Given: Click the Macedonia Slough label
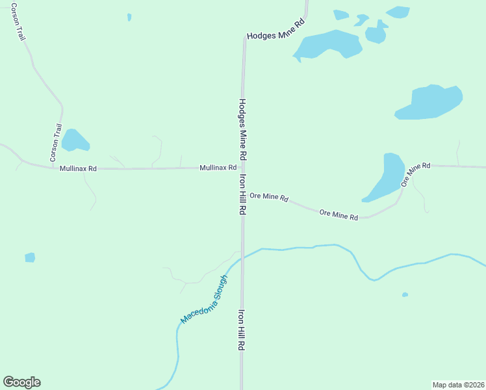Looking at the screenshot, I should pyautogui.click(x=204, y=300).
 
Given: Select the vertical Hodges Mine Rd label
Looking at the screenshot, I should pyautogui.click(x=242, y=130).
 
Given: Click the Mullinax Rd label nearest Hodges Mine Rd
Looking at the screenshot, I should pyautogui.click(x=218, y=168).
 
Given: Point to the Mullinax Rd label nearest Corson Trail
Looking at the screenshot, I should pyautogui.click(x=78, y=168).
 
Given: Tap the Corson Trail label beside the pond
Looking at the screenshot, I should pyautogui.click(x=56, y=143).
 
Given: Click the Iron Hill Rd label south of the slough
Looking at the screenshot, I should pyautogui.click(x=240, y=330).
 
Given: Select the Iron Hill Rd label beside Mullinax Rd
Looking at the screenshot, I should pyautogui.click(x=242, y=194).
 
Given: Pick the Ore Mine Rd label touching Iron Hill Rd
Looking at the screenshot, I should pyautogui.click(x=268, y=196).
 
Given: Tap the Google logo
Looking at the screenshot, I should pyautogui.click(x=21, y=382).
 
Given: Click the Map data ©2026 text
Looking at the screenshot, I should pyautogui.click(x=458, y=384).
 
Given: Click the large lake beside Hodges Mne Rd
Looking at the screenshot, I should pyautogui.click(x=329, y=45).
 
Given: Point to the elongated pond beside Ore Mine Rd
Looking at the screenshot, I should pyautogui.click(x=387, y=177).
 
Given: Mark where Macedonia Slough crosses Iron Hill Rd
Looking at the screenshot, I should pyautogui.click(x=242, y=255).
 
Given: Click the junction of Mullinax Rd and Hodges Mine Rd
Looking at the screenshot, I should pyautogui.click(x=243, y=167).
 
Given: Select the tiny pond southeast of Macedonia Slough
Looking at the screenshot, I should pyautogui.click(x=405, y=294).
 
